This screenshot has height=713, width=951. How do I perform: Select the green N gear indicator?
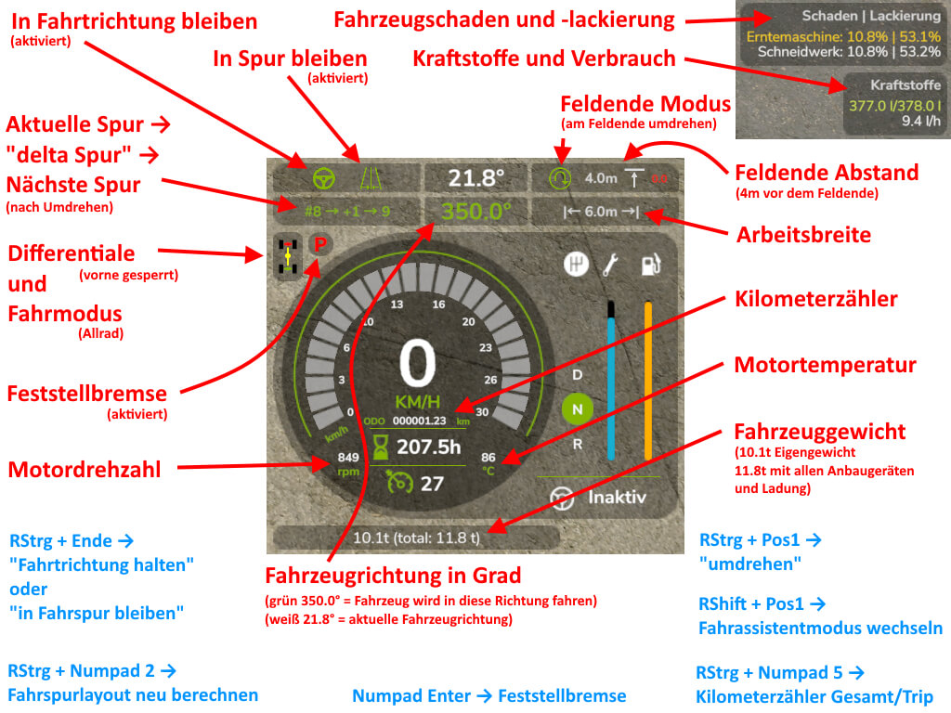click(577, 408)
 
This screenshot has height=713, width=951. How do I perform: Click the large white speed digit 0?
click(417, 364)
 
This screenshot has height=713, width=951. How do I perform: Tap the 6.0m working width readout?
click(603, 212)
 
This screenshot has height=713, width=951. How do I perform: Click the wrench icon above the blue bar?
click(610, 265)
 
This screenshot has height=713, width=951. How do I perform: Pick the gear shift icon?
click(576, 265)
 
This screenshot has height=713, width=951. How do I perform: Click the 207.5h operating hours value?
click(428, 447)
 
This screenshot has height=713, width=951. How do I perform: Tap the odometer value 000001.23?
click(421, 421)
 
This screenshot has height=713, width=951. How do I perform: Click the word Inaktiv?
click(616, 498)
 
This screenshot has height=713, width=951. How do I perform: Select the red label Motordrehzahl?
click(85, 470)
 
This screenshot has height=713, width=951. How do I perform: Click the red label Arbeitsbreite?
click(803, 235)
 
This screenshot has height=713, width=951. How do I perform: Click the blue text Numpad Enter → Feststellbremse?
click(489, 695)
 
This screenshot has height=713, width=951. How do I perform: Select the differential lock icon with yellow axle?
click(288, 253)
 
